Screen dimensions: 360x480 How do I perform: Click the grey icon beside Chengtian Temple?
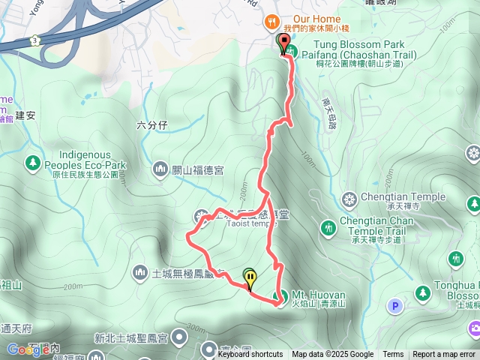tap(348, 199)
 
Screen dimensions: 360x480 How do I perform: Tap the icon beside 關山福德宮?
tap(160, 169)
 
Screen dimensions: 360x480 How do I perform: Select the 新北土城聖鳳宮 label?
tap(131, 337)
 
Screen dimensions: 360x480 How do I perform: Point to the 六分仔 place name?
tap(150, 124)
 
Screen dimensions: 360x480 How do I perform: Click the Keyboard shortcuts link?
tap(250, 355)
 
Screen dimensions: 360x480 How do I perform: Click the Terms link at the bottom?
tap(393, 355)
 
